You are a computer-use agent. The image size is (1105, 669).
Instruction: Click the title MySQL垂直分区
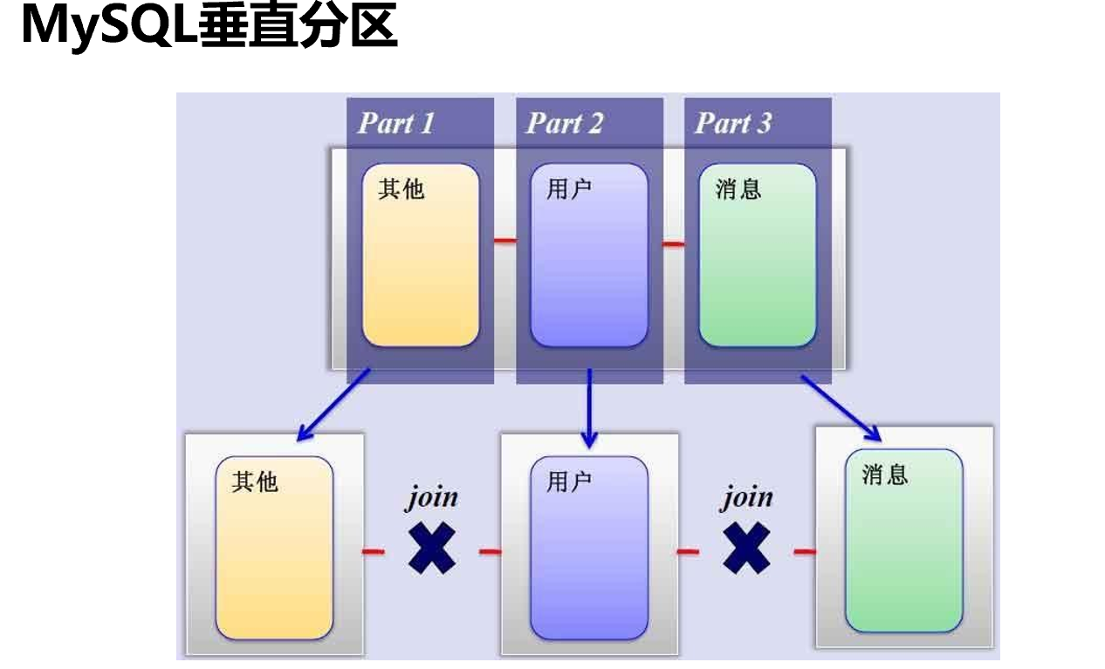tap(208, 26)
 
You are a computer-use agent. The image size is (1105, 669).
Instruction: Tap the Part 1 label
tap(395, 124)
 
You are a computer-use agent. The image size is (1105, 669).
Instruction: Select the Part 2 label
tap(564, 124)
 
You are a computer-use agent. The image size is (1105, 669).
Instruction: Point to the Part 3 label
tap(733, 124)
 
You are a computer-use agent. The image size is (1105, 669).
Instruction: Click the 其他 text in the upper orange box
tap(402, 188)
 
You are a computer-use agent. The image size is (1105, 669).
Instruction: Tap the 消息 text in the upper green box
tap(738, 188)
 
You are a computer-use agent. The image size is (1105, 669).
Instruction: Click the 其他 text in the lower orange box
tap(255, 481)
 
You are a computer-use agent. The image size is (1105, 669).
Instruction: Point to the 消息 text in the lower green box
tap(885, 474)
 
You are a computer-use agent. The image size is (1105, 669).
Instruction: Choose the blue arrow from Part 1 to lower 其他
tap(333, 405)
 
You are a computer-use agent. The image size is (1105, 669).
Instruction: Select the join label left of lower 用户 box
tap(432, 497)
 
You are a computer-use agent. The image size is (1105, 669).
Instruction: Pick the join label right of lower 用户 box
tap(746, 497)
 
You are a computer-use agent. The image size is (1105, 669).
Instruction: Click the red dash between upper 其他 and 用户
tap(504, 241)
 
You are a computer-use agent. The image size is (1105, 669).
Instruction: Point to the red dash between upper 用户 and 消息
tap(673, 243)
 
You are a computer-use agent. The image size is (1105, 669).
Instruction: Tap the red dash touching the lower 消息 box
tap(805, 551)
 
